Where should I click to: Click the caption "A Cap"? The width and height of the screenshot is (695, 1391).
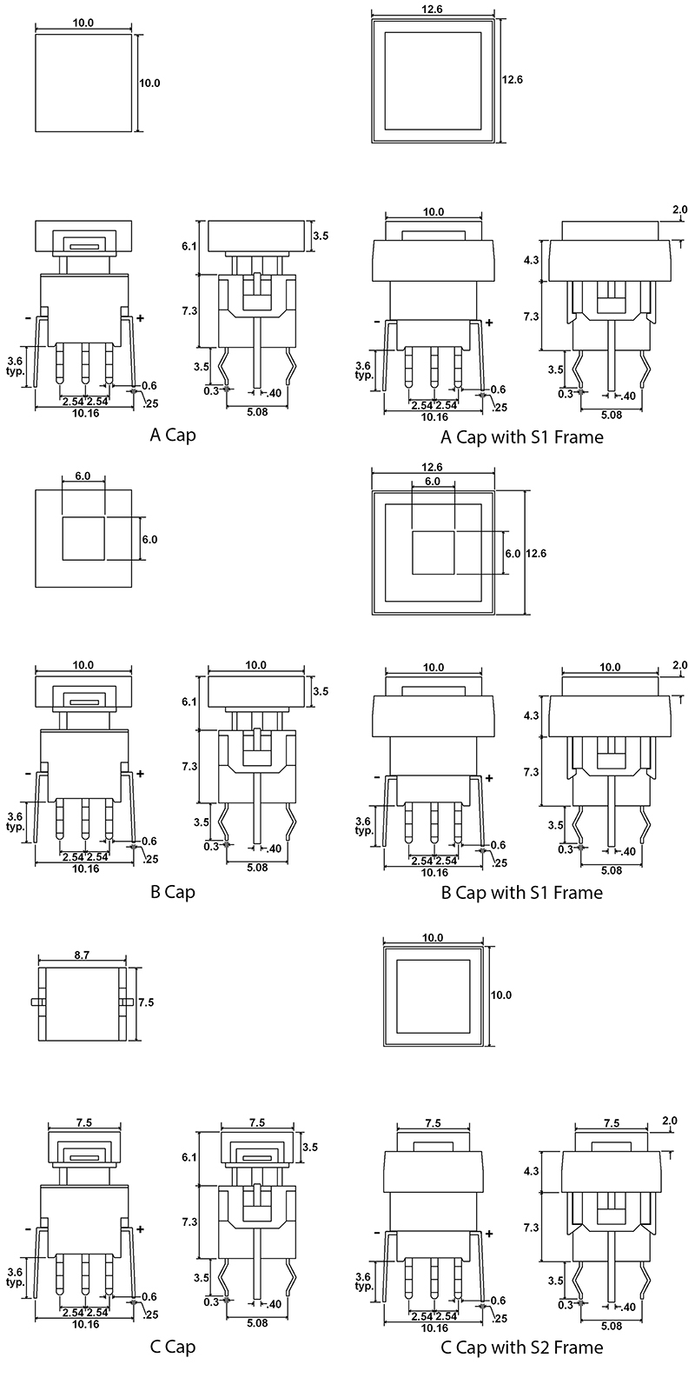[173, 435]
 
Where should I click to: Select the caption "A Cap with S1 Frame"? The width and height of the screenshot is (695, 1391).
[521, 436]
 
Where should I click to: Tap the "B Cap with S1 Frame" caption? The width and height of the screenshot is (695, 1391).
[521, 892]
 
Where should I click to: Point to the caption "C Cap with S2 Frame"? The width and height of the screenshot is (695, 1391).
[521, 1348]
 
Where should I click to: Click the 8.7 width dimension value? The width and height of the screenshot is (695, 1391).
[82, 955]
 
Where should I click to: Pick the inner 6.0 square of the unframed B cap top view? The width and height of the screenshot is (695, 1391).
[83, 539]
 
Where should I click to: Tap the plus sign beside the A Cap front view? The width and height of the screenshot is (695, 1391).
[140, 318]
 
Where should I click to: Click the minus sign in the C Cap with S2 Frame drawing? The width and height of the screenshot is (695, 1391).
[375, 1233]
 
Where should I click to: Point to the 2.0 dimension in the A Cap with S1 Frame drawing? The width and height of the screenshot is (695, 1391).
[679, 210]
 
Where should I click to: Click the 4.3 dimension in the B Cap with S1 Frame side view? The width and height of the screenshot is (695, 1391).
[532, 715]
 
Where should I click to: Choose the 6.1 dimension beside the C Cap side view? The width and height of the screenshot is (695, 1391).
[189, 1157]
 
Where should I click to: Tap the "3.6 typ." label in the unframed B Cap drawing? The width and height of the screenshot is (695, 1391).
[15, 822]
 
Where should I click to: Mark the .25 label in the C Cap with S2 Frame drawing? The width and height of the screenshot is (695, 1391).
[499, 1319]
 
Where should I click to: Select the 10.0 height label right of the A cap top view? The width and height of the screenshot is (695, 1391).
[149, 83]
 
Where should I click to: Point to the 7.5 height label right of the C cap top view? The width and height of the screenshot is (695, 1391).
[146, 1002]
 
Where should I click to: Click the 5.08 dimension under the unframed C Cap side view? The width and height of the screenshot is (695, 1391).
[257, 1323]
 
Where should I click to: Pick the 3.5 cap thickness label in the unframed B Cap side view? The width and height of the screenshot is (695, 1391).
[321, 692]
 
